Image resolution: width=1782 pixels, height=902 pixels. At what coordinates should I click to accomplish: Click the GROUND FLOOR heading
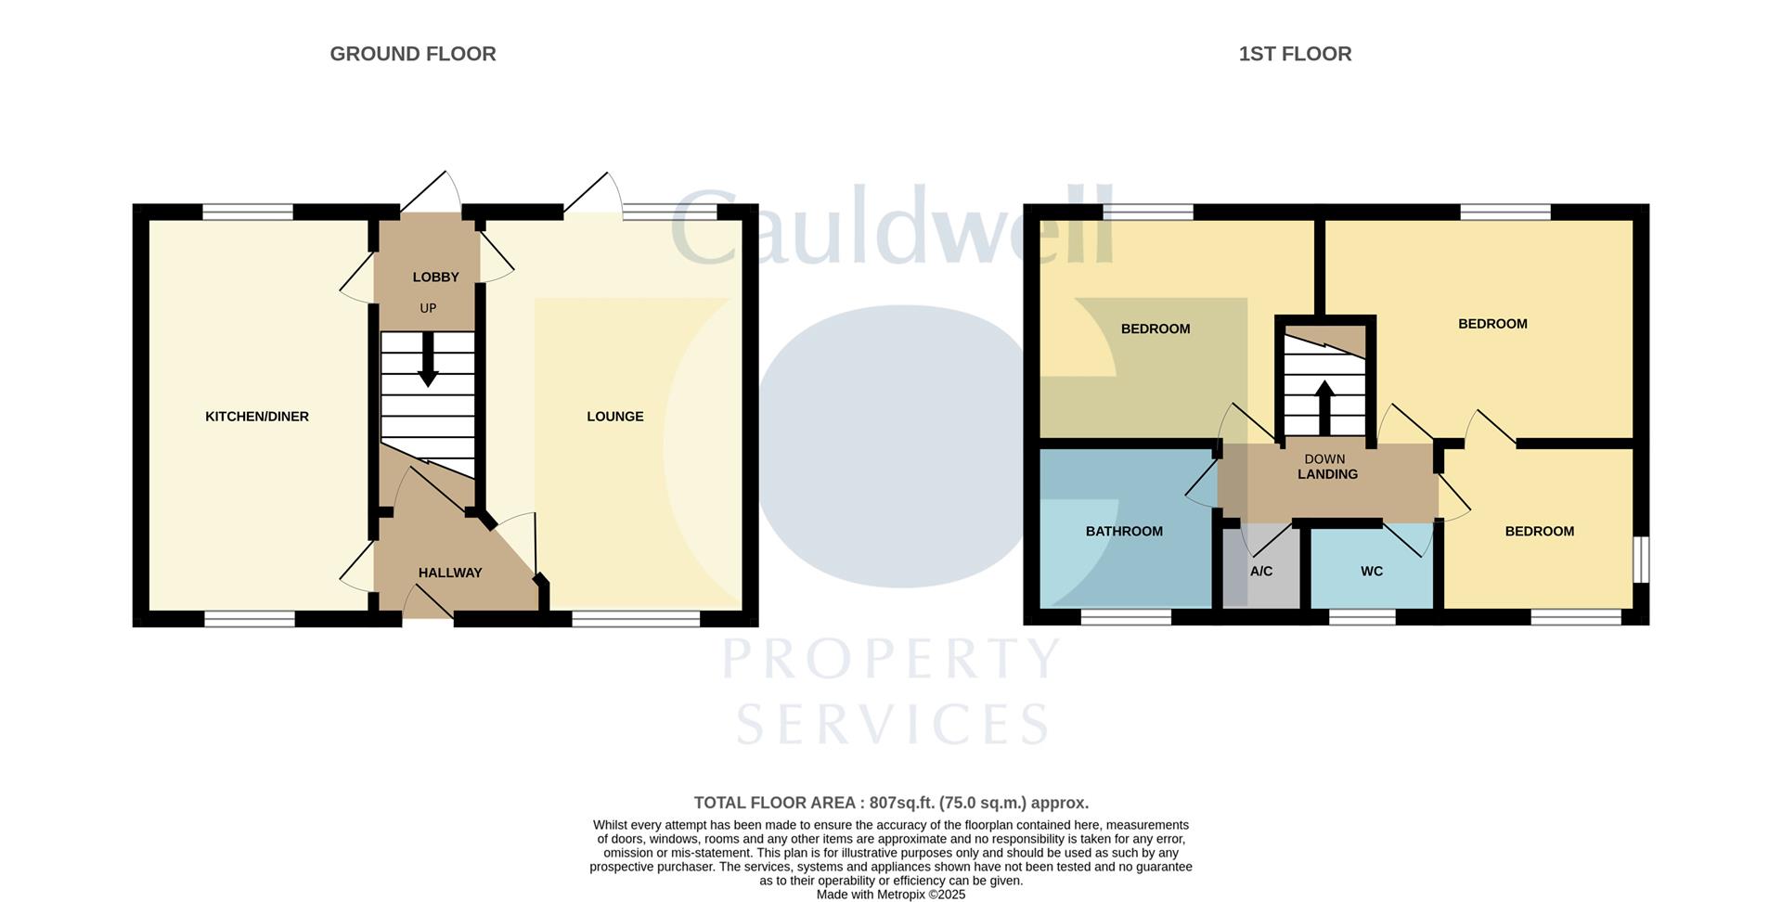click(x=413, y=54)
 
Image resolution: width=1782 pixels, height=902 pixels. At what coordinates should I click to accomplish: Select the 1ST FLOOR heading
click(x=1295, y=54)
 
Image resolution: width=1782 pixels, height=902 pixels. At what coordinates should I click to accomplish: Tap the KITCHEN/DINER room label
click(x=257, y=417)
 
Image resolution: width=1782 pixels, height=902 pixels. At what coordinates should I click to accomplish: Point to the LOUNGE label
click(x=614, y=417)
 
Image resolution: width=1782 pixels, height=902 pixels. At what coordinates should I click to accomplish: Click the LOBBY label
click(x=435, y=277)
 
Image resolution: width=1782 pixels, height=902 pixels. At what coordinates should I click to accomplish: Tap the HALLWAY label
click(x=450, y=573)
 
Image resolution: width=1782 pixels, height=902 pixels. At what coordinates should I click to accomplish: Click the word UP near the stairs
click(x=428, y=308)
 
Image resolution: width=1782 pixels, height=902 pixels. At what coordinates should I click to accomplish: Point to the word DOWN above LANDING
click(x=1324, y=458)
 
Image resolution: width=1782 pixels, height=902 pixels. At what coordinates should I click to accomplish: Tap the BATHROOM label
click(x=1124, y=531)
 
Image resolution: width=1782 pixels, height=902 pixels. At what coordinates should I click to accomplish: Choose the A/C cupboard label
click(x=1260, y=572)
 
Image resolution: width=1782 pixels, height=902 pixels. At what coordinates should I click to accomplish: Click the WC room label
click(x=1372, y=572)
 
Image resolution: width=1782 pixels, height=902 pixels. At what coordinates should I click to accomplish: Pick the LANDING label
click(x=1327, y=474)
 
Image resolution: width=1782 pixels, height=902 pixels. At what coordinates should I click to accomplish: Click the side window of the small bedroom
click(x=1640, y=560)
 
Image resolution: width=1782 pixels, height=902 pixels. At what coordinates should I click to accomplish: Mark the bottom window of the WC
click(x=1362, y=617)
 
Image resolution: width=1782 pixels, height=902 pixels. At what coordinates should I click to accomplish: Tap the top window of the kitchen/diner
click(x=248, y=213)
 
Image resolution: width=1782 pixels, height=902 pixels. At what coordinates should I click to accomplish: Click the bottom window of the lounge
click(x=636, y=619)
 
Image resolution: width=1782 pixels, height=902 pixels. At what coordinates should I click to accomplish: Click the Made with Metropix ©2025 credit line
click(x=890, y=895)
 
